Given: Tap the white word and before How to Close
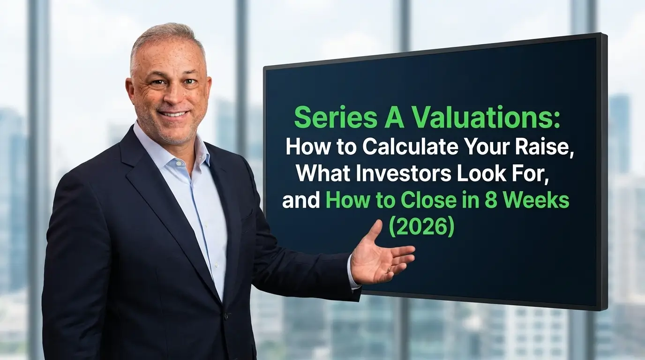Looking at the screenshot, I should pos(301,202).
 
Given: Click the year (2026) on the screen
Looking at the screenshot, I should pos(421,228).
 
